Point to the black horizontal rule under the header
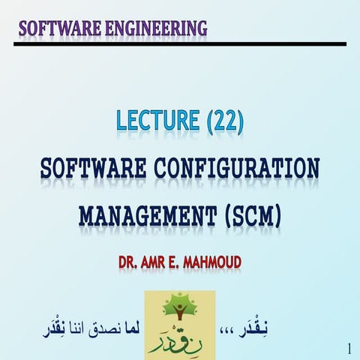(x=180, y=44)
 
